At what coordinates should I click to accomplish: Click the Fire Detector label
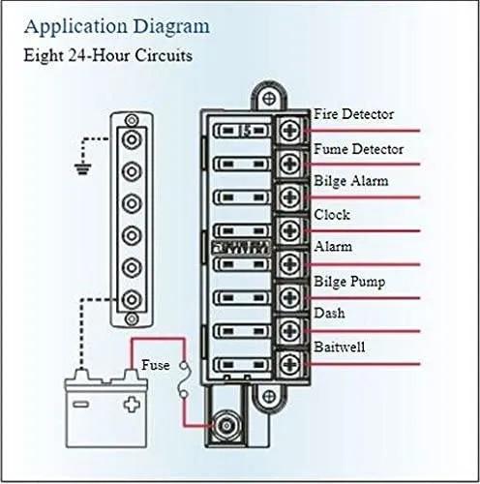click(x=353, y=114)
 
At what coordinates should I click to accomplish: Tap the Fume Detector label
click(x=358, y=149)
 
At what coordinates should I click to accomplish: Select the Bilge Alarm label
click(x=351, y=181)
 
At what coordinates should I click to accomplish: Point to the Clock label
click(x=332, y=215)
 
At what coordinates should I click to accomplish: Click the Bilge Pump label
click(x=349, y=282)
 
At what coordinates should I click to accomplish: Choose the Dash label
click(x=329, y=313)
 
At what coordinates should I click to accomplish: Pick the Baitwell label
click(x=340, y=348)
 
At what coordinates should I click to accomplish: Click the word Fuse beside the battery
click(x=156, y=365)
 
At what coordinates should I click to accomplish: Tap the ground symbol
click(x=83, y=168)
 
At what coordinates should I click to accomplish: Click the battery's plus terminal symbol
click(x=132, y=405)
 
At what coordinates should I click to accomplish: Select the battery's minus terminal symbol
click(x=80, y=405)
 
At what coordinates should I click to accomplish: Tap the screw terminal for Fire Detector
click(x=290, y=131)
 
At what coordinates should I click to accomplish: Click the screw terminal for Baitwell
click(x=290, y=364)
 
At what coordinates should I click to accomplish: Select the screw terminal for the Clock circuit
click(x=290, y=231)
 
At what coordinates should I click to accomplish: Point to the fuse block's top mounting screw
click(x=269, y=99)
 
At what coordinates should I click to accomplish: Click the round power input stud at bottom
click(x=226, y=426)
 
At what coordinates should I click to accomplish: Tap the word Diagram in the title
click(x=171, y=27)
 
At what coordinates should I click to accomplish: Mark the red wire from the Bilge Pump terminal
click(x=362, y=298)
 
